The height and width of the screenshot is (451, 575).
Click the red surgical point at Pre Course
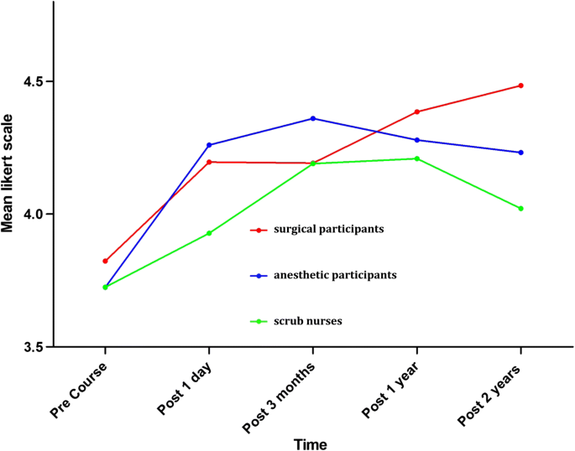tap(105, 262)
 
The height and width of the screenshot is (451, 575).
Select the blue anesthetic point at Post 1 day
tap(209, 145)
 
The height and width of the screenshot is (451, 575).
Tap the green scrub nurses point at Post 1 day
tap(209, 233)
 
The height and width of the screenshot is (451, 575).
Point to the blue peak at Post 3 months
tap(313, 118)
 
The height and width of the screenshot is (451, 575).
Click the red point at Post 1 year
tap(417, 111)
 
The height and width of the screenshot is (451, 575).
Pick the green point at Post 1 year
tap(417, 158)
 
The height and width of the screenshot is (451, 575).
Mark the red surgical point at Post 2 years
tap(521, 86)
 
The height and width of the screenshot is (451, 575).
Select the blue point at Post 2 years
tap(521, 153)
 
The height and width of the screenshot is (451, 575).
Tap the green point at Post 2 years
tap(521, 209)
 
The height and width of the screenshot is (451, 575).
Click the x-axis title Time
tap(311, 443)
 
